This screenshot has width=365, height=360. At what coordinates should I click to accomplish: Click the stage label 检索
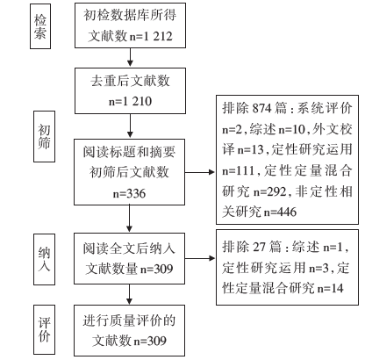pyautogui.click(x=40, y=26)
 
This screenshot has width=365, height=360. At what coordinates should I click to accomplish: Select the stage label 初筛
pyautogui.click(x=44, y=136)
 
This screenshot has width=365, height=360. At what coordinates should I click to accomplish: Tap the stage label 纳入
pyautogui.click(x=44, y=259)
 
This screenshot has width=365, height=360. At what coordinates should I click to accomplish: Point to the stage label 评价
pyautogui.click(x=44, y=330)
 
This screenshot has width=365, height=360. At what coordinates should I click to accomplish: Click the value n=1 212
pyautogui.click(x=151, y=36)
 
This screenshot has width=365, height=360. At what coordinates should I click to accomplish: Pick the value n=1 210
pyautogui.click(x=130, y=101)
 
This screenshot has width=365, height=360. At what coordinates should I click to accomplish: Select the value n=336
pyautogui.click(x=129, y=193)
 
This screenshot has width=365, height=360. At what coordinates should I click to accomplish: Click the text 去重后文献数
pyautogui.click(x=130, y=81)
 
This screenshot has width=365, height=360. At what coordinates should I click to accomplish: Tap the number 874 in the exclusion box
pyautogui.click(x=262, y=108)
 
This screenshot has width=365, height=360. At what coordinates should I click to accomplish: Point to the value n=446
pyautogui.click(x=280, y=212)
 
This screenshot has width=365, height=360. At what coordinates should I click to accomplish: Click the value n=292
pyautogui.click(x=270, y=191)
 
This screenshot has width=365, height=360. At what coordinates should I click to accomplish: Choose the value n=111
pyautogui.click(x=238, y=170)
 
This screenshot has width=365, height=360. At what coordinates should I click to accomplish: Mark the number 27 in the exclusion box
pyautogui.click(x=259, y=247)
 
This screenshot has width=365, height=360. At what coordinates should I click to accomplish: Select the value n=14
pyautogui.click(x=331, y=289)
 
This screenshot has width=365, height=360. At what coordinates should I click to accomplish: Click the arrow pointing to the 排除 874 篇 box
pyautogui.click(x=200, y=172)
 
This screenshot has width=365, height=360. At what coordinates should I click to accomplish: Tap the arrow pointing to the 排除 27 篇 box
pyautogui.click(x=200, y=258)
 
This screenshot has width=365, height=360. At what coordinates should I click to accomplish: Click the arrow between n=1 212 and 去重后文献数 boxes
pyautogui.click(x=130, y=57)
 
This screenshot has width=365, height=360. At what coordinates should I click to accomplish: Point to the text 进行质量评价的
pyautogui.click(x=129, y=320)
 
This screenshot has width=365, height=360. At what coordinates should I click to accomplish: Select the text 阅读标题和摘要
pyautogui.click(x=129, y=152)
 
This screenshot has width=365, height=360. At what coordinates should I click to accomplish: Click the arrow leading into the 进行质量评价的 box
pyautogui.click(x=129, y=294)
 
